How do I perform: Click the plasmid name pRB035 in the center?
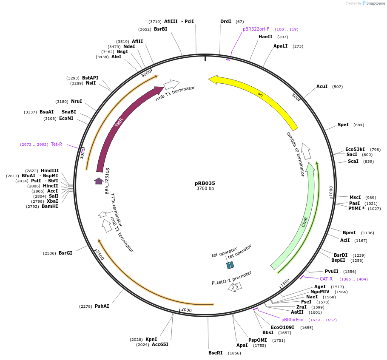tap(205, 183)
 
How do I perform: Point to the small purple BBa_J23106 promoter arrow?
tap(99, 181)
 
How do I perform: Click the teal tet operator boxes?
tap(230, 265)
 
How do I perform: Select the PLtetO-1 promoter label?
tap(231, 278)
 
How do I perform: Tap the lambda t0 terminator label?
tap(296, 153)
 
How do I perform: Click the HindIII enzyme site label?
tap(50, 170)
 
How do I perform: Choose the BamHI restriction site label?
tap(50, 206)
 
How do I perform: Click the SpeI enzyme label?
tap(343, 125)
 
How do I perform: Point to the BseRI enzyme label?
tap(216, 353)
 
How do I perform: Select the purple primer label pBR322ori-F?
tap(256, 29)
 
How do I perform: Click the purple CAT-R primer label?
tap(326, 279)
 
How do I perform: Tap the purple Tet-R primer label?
tap(57, 144)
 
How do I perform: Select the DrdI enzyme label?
tap(226, 21)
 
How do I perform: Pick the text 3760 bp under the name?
tap(205, 189)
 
